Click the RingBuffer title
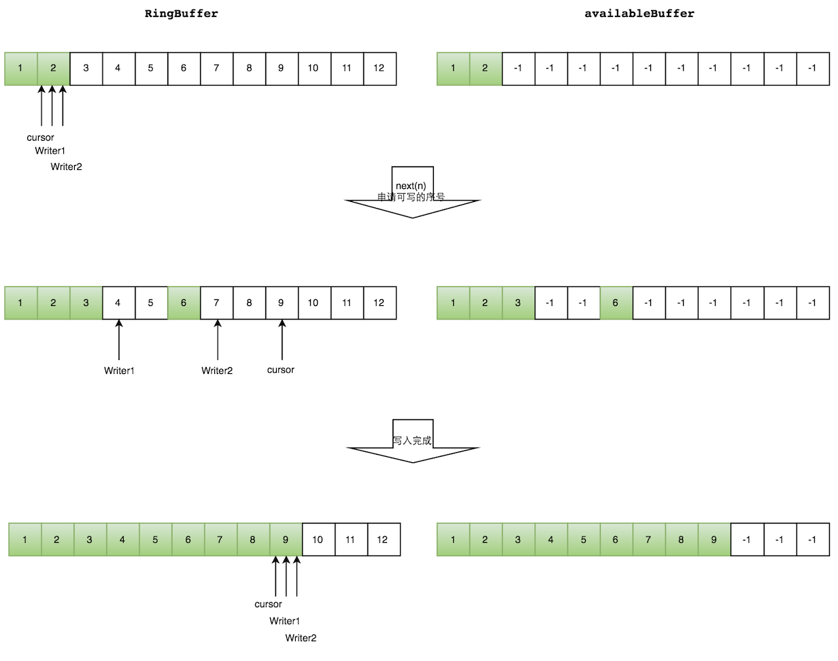[x=182, y=14]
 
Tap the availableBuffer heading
[x=639, y=14]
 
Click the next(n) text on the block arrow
[x=411, y=186]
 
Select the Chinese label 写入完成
[x=412, y=441]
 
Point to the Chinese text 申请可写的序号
[x=411, y=197]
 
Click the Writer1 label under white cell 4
[x=119, y=371]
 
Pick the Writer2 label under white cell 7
[x=217, y=371]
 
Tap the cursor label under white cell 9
[x=281, y=370]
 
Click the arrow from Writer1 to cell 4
[x=119, y=340]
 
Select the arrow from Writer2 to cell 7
[x=217, y=340]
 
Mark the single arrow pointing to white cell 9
[x=282, y=340]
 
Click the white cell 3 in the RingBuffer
[x=86, y=69]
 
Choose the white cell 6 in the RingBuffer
[x=184, y=69]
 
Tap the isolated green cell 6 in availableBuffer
[x=616, y=303]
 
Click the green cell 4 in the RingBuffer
[x=122, y=540]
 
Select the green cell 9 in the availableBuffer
[x=714, y=540]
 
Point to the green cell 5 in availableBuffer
[x=584, y=540]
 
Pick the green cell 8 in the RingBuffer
[x=252, y=540]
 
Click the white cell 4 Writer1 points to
[x=118, y=303]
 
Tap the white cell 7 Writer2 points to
[x=216, y=303]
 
